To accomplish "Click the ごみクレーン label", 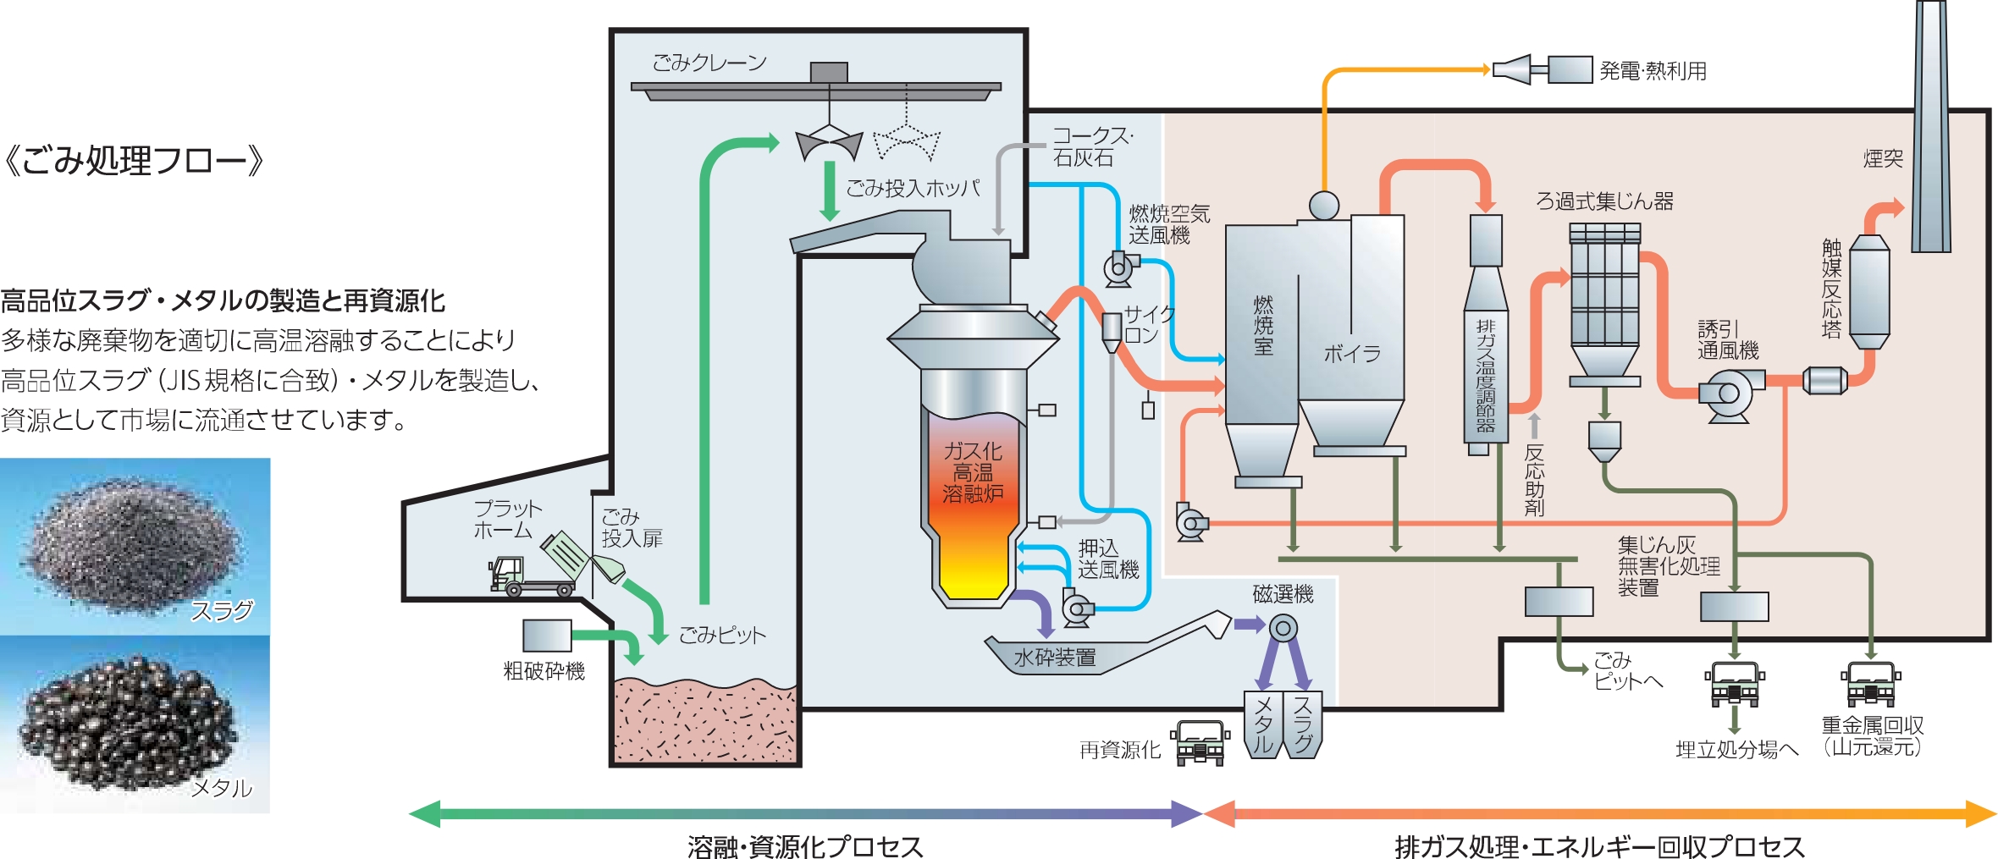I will [x=709, y=63].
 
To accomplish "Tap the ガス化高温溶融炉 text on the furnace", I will [x=973, y=472].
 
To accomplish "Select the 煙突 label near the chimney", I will [x=1883, y=158].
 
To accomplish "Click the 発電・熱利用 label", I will [x=1653, y=71].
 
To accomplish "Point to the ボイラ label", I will [x=1352, y=354].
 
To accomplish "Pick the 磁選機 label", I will [x=1283, y=594].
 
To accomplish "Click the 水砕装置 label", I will [x=1055, y=657].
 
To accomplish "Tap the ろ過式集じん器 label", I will [x=1604, y=201].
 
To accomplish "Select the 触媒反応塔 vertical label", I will [x=1831, y=289].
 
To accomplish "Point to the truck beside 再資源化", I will [x=1200, y=742].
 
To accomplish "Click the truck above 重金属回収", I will [x=1870, y=684].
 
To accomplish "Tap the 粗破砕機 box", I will [x=547, y=635].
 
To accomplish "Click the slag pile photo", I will [x=135, y=546].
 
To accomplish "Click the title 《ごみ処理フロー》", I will [x=134, y=160].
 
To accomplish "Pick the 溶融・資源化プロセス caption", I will [x=804, y=846].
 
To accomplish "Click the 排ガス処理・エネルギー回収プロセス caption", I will [x=1599, y=846].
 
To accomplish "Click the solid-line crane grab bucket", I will [x=829, y=144].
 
